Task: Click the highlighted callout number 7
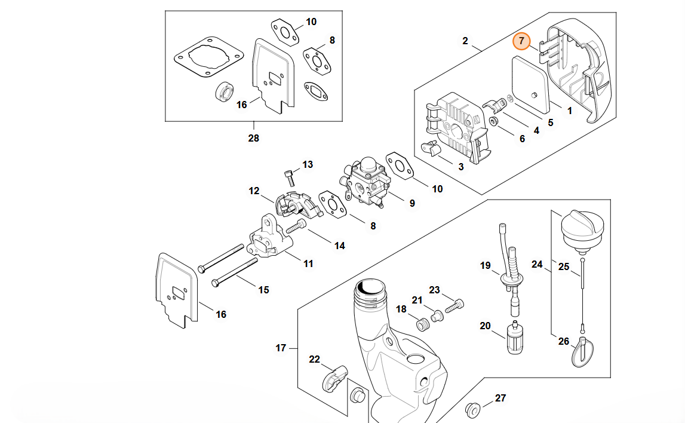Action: pyautogui.click(x=521, y=41)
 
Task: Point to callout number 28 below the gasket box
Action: pyautogui.click(x=254, y=139)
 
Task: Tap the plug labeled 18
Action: pyautogui.click(x=422, y=323)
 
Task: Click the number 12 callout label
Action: pyautogui.click(x=254, y=191)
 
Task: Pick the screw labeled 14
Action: pyautogui.click(x=296, y=226)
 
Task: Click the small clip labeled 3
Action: pyautogui.click(x=431, y=149)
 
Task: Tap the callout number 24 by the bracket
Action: pyautogui.click(x=537, y=263)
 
